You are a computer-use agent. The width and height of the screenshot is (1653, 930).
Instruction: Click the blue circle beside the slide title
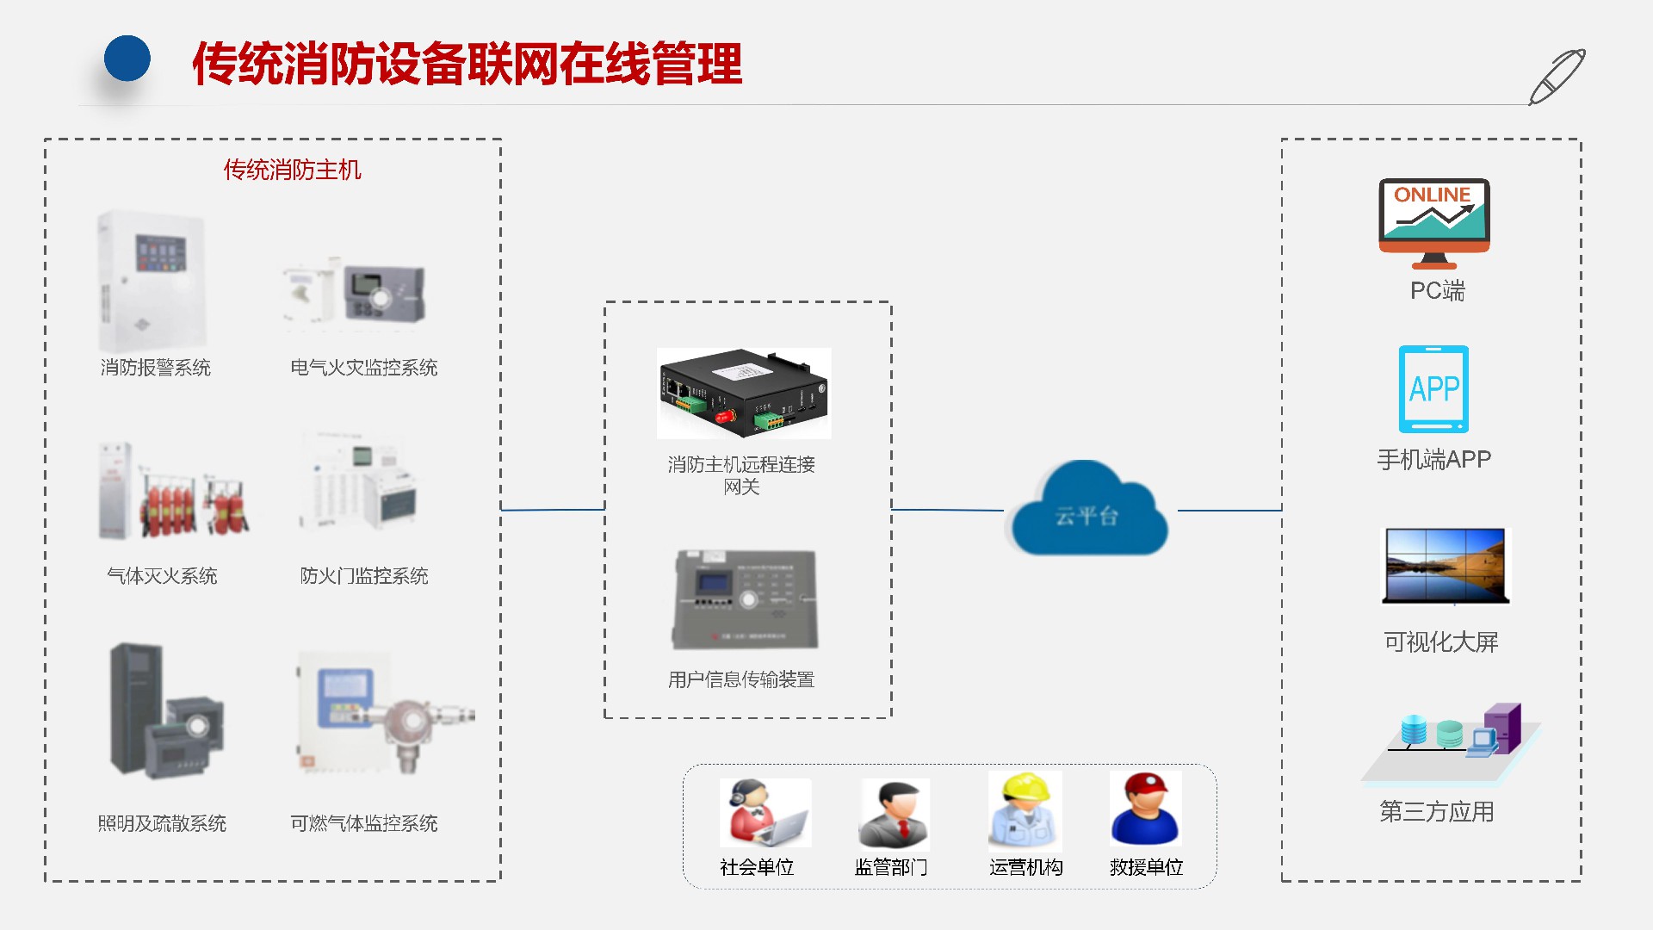127,59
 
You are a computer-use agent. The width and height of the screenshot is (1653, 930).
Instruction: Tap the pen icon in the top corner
1557,77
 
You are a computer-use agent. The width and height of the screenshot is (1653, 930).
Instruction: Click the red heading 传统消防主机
293,170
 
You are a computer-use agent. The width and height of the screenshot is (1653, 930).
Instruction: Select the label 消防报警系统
156,368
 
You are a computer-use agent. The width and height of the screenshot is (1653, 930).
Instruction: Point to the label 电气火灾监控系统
364,368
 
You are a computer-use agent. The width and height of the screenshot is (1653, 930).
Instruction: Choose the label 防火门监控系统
364,576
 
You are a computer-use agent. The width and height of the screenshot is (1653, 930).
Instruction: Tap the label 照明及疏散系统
162,824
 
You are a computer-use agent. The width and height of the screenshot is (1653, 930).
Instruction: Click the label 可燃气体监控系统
364,824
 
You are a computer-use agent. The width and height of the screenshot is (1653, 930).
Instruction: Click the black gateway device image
744,394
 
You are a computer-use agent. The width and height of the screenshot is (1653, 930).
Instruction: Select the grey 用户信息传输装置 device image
746,599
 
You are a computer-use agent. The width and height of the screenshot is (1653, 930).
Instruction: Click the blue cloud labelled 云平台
1089,512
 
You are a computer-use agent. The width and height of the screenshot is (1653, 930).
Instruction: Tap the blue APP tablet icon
1434,389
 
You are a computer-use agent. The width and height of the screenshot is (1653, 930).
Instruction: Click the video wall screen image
1446,566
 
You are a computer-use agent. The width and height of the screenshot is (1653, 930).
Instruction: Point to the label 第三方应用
1437,812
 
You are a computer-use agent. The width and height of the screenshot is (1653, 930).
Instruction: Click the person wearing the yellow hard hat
1025,811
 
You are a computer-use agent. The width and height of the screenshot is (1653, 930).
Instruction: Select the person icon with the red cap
1146,809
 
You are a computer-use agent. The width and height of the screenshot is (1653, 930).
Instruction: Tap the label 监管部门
891,867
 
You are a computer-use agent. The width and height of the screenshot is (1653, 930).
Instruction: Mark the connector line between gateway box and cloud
947,510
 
